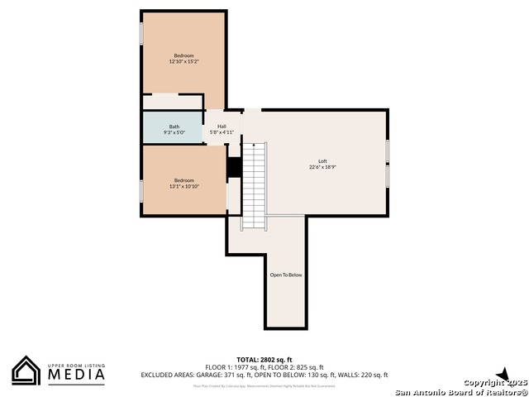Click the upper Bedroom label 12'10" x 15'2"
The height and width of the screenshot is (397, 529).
pyautogui.click(x=183, y=59)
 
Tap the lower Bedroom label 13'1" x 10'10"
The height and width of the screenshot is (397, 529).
pyautogui.click(x=183, y=184)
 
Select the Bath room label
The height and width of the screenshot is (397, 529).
pyautogui.click(x=174, y=127)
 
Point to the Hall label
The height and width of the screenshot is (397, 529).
pyautogui.click(x=222, y=127)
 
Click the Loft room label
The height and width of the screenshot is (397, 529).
pyautogui.click(x=322, y=161)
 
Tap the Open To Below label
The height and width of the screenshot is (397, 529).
pyautogui.click(x=286, y=275)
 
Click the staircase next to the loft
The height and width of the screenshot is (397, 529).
pyautogui.click(x=255, y=185)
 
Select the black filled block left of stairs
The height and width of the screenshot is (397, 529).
pyautogui.click(x=234, y=167)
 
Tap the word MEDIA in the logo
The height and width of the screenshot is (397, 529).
pyautogui.click(x=75, y=375)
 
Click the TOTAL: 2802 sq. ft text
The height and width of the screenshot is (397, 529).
pyautogui.click(x=264, y=360)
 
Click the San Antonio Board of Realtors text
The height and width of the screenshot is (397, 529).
pyautogui.click(x=460, y=391)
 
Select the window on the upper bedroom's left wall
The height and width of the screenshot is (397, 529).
pyautogui.click(x=141, y=34)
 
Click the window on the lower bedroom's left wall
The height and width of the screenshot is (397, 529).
pyautogui.click(x=141, y=190)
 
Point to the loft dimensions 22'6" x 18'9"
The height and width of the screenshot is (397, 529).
pyautogui.click(x=322, y=167)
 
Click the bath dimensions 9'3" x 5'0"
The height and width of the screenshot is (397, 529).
pyautogui.click(x=174, y=132)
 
